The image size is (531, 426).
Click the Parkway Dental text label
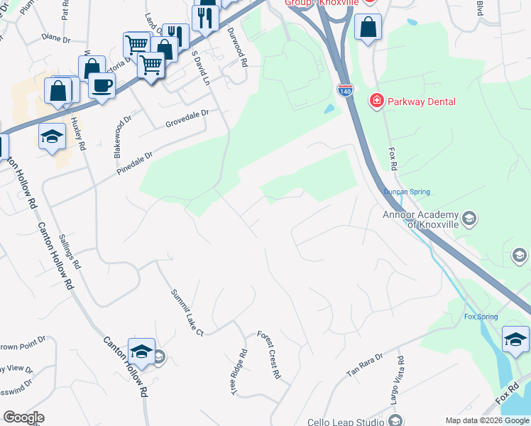(422, 102)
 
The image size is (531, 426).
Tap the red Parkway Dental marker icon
(375, 102)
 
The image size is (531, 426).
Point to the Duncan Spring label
(407, 192)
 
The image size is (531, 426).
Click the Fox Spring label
(481, 317)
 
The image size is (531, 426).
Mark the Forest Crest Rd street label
(270, 355)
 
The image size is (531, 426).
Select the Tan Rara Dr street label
(364, 364)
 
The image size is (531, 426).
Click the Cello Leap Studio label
(346, 422)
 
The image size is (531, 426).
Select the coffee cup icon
(102, 85)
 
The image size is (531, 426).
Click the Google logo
(23, 417)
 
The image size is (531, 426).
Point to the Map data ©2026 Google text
(486, 420)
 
